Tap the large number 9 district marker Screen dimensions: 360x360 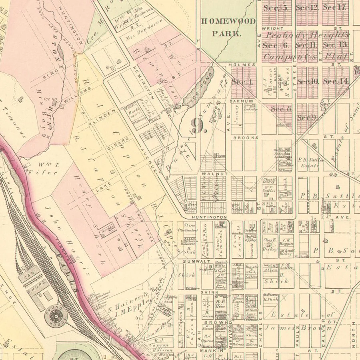coord(199,126)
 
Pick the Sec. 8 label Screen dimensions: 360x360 coord(281,109)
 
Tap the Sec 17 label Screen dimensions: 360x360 coord(334,7)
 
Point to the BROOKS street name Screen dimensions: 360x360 coord(243,137)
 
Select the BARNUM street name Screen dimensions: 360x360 coord(241,101)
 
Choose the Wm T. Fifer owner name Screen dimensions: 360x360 coord(43,168)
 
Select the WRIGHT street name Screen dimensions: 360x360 coord(273,28)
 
